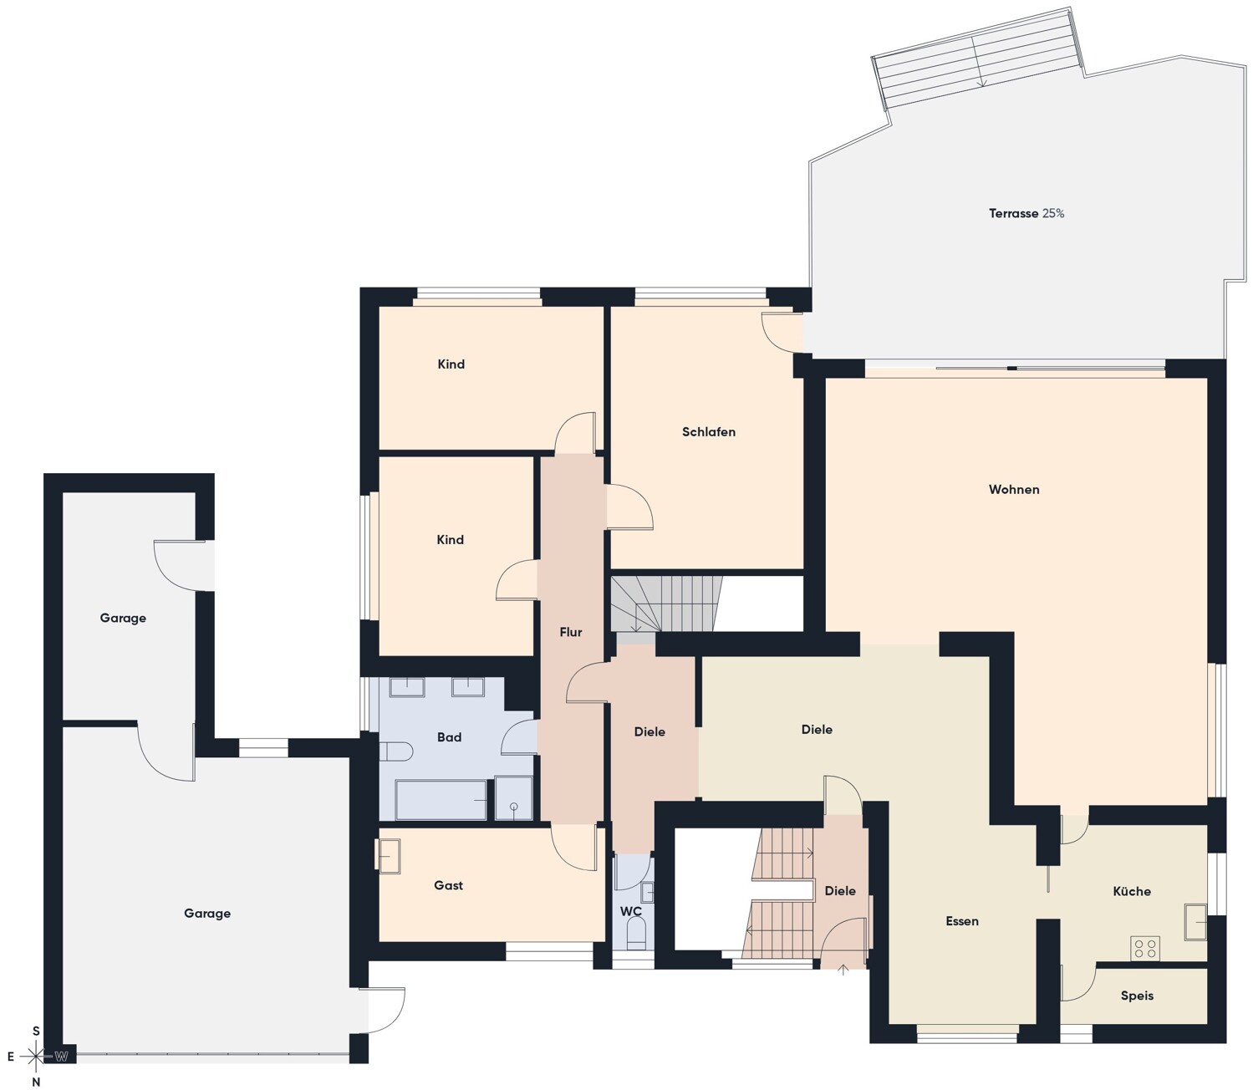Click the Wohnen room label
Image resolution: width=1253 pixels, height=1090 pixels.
click(x=1014, y=489)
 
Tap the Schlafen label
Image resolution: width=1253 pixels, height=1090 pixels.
click(x=709, y=431)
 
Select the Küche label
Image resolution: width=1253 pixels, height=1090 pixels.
click(x=1131, y=891)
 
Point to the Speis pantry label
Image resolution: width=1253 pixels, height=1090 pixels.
click(x=1137, y=996)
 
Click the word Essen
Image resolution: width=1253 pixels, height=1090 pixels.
click(x=961, y=921)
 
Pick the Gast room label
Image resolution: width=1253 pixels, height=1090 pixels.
click(x=448, y=885)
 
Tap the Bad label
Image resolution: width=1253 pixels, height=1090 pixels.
click(x=449, y=737)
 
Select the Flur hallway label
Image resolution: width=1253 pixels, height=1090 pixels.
click(x=570, y=632)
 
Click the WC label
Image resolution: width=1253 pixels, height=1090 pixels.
click(x=630, y=911)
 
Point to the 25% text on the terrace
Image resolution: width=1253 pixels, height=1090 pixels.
click(x=1053, y=213)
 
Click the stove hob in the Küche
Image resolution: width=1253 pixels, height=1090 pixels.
click(x=1144, y=949)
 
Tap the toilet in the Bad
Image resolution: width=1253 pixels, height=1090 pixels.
click(x=395, y=751)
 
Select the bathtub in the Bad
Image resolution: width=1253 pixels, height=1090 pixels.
click(x=441, y=800)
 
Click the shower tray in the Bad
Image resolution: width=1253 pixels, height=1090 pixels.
click(x=513, y=798)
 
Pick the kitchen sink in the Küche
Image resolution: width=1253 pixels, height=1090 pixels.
click(x=1195, y=922)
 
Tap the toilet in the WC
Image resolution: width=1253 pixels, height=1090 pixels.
click(x=635, y=935)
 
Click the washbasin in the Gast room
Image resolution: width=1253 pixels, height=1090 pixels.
click(x=387, y=855)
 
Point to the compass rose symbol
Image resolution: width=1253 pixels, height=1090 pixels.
click(x=36, y=1056)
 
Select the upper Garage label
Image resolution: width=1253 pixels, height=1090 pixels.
click(x=123, y=618)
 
